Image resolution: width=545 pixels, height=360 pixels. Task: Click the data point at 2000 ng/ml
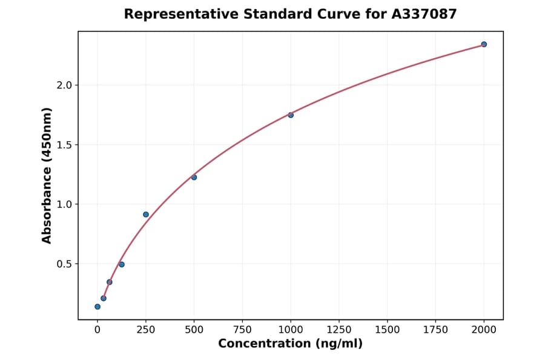click(x=484, y=44)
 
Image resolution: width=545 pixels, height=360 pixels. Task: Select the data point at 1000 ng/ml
click(x=291, y=115)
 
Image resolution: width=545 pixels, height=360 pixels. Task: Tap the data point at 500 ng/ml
click(x=194, y=178)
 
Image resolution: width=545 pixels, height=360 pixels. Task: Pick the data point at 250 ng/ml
click(x=146, y=215)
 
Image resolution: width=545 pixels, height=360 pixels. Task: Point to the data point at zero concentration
click(x=97, y=307)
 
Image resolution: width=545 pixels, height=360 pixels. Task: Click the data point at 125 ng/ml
click(x=122, y=264)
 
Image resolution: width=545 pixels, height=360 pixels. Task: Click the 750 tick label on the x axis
click(x=242, y=330)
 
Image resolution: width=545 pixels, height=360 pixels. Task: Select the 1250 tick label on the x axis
click(x=339, y=330)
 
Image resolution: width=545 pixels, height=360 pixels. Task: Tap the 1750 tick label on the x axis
click(x=435, y=330)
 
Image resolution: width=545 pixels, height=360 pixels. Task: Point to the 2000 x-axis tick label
click(x=484, y=330)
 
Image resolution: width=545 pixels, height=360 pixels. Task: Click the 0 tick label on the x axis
click(x=97, y=330)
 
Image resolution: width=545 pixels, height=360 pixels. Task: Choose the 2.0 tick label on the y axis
click(x=64, y=85)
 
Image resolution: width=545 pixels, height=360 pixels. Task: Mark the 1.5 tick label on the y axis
click(x=64, y=145)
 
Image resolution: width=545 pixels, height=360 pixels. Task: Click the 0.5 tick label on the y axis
click(x=64, y=264)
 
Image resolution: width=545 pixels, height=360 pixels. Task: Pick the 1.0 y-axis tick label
click(x=64, y=205)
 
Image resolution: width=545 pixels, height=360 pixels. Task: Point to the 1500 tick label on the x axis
click(x=388, y=330)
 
